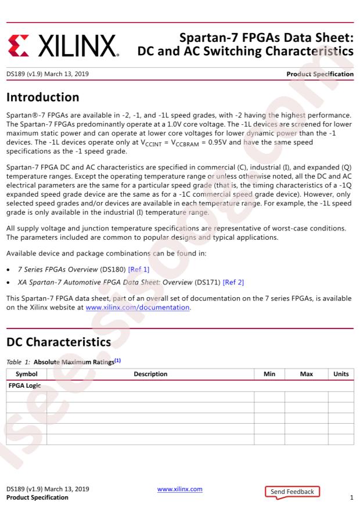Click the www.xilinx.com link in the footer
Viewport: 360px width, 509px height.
(x=180, y=489)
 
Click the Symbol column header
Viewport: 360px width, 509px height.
(x=26, y=374)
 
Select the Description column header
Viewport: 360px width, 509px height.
(x=150, y=374)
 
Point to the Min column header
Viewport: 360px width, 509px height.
(x=269, y=374)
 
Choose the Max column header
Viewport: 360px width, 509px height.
(x=306, y=374)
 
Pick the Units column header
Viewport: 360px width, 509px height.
(x=341, y=374)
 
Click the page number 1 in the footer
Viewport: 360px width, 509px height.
(x=352, y=497)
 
